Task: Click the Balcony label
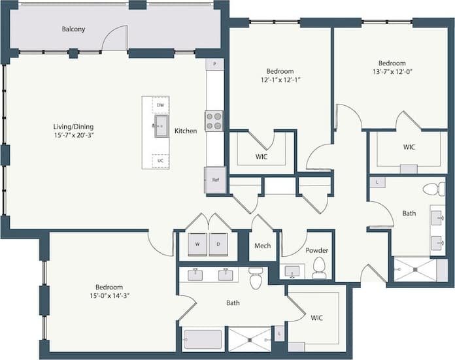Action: pos(73,29)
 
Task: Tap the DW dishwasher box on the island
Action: pos(160,105)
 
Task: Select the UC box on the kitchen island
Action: pos(160,160)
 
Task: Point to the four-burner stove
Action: pos(214,121)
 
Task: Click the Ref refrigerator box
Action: pos(214,180)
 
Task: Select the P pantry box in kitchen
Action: pos(214,64)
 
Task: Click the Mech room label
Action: pos(263,247)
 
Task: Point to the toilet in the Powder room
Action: pos(319,267)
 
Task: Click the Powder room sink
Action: pos(292,270)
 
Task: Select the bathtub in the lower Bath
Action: pos(203,340)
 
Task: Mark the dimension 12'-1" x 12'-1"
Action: pos(279,80)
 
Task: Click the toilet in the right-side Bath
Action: pos(431,189)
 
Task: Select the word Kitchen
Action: pos(186,131)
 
